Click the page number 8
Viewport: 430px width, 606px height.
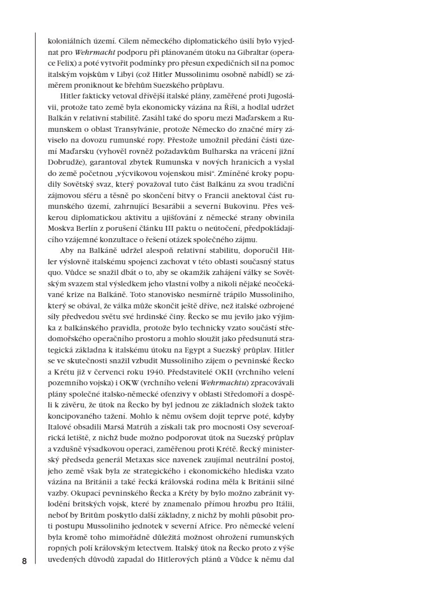[24, 561]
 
